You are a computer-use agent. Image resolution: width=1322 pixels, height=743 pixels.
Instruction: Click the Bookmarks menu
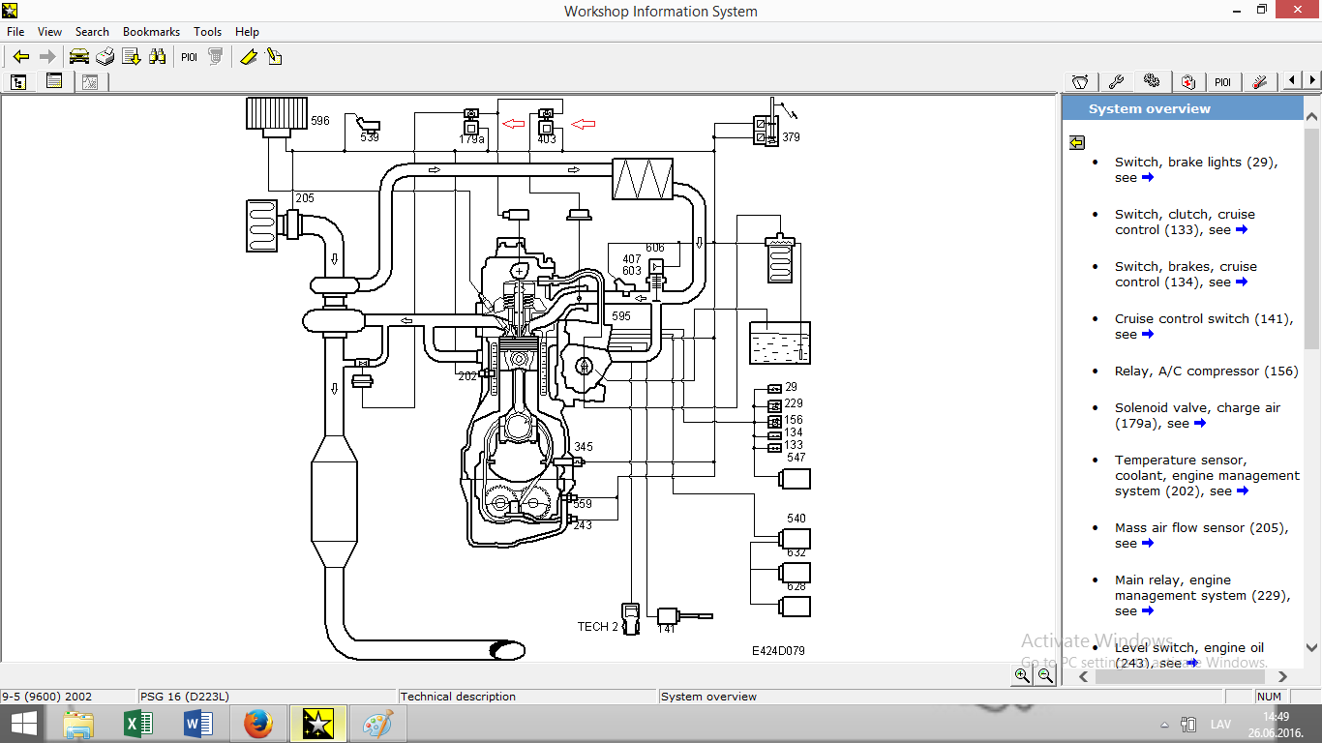pyautogui.click(x=151, y=32)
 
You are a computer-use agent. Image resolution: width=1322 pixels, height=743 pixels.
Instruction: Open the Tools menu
pyautogui.click(x=207, y=32)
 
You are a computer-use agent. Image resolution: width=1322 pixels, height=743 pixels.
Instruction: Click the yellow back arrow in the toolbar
pyautogui.click(x=21, y=57)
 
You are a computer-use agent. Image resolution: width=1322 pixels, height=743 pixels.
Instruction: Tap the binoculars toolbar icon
pyautogui.click(x=157, y=57)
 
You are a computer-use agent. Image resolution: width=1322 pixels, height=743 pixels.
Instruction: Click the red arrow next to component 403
pyautogui.click(x=584, y=124)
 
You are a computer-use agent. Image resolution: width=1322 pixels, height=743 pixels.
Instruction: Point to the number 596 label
pyautogui.click(x=320, y=121)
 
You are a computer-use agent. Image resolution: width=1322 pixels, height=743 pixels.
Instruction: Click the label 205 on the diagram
pyautogui.click(x=305, y=198)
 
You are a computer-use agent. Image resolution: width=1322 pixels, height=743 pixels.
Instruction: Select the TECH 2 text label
pyautogui.click(x=597, y=627)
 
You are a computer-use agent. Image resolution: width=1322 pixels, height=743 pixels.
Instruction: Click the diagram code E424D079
pyautogui.click(x=778, y=651)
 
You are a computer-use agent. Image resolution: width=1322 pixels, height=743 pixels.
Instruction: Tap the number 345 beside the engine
pyautogui.click(x=584, y=447)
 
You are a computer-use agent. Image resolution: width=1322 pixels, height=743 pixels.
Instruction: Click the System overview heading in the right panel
pyautogui.click(x=1149, y=108)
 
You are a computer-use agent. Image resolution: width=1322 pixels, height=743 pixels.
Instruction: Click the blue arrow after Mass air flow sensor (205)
pyautogui.click(x=1147, y=543)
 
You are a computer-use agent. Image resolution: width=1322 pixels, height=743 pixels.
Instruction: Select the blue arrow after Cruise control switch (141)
pyautogui.click(x=1147, y=334)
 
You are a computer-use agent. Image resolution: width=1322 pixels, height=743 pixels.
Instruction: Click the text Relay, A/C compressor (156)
pyautogui.click(x=1206, y=371)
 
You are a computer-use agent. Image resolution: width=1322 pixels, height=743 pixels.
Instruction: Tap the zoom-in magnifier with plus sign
pyautogui.click(x=1022, y=675)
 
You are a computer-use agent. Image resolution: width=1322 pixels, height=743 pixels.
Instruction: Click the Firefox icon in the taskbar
pyautogui.click(x=257, y=724)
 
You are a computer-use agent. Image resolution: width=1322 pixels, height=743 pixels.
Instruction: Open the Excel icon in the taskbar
pyautogui.click(x=138, y=724)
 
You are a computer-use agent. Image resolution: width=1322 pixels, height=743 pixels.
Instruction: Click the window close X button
pyautogui.click(x=1297, y=10)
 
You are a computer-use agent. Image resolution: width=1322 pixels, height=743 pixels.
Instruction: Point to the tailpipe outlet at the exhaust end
pyautogui.click(x=507, y=650)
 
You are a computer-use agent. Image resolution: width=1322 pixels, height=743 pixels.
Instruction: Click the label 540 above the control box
pyautogui.click(x=796, y=519)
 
